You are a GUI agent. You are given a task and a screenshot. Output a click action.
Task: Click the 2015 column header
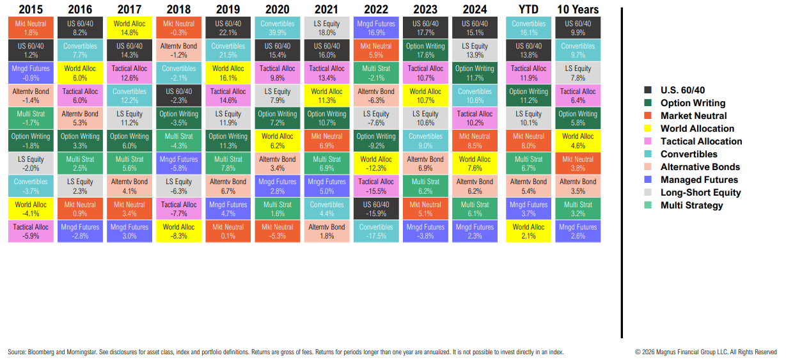(x=31, y=9)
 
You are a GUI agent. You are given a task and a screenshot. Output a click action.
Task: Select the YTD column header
(x=528, y=9)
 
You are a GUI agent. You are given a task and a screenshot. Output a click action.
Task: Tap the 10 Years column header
(x=578, y=9)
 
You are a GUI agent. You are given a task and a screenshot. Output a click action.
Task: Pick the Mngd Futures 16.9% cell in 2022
(x=376, y=28)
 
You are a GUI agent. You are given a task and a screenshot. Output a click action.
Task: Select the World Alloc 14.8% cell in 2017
(x=129, y=28)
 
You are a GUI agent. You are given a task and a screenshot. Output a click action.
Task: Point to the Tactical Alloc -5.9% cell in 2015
(x=31, y=231)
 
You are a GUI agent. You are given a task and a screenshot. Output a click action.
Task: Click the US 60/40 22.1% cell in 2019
(x=228, y=28)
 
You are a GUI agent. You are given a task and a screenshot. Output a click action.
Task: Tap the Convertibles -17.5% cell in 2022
(x=376, y=231)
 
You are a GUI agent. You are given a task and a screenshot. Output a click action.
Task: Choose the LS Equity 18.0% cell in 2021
(x=327, y=28)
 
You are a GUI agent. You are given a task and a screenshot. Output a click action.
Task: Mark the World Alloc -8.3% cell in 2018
(x=179, y=231)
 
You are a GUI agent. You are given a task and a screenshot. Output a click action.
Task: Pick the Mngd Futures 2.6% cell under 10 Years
(x=578, y=231)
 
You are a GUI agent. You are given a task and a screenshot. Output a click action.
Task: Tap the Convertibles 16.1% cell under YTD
(x=528, y=28)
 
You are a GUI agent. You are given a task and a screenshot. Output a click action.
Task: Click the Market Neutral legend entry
(x=693, y=116)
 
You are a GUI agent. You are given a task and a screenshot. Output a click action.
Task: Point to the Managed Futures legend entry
(x=699, y=180)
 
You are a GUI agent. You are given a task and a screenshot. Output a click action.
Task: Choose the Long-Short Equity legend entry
(x=700, y=192)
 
